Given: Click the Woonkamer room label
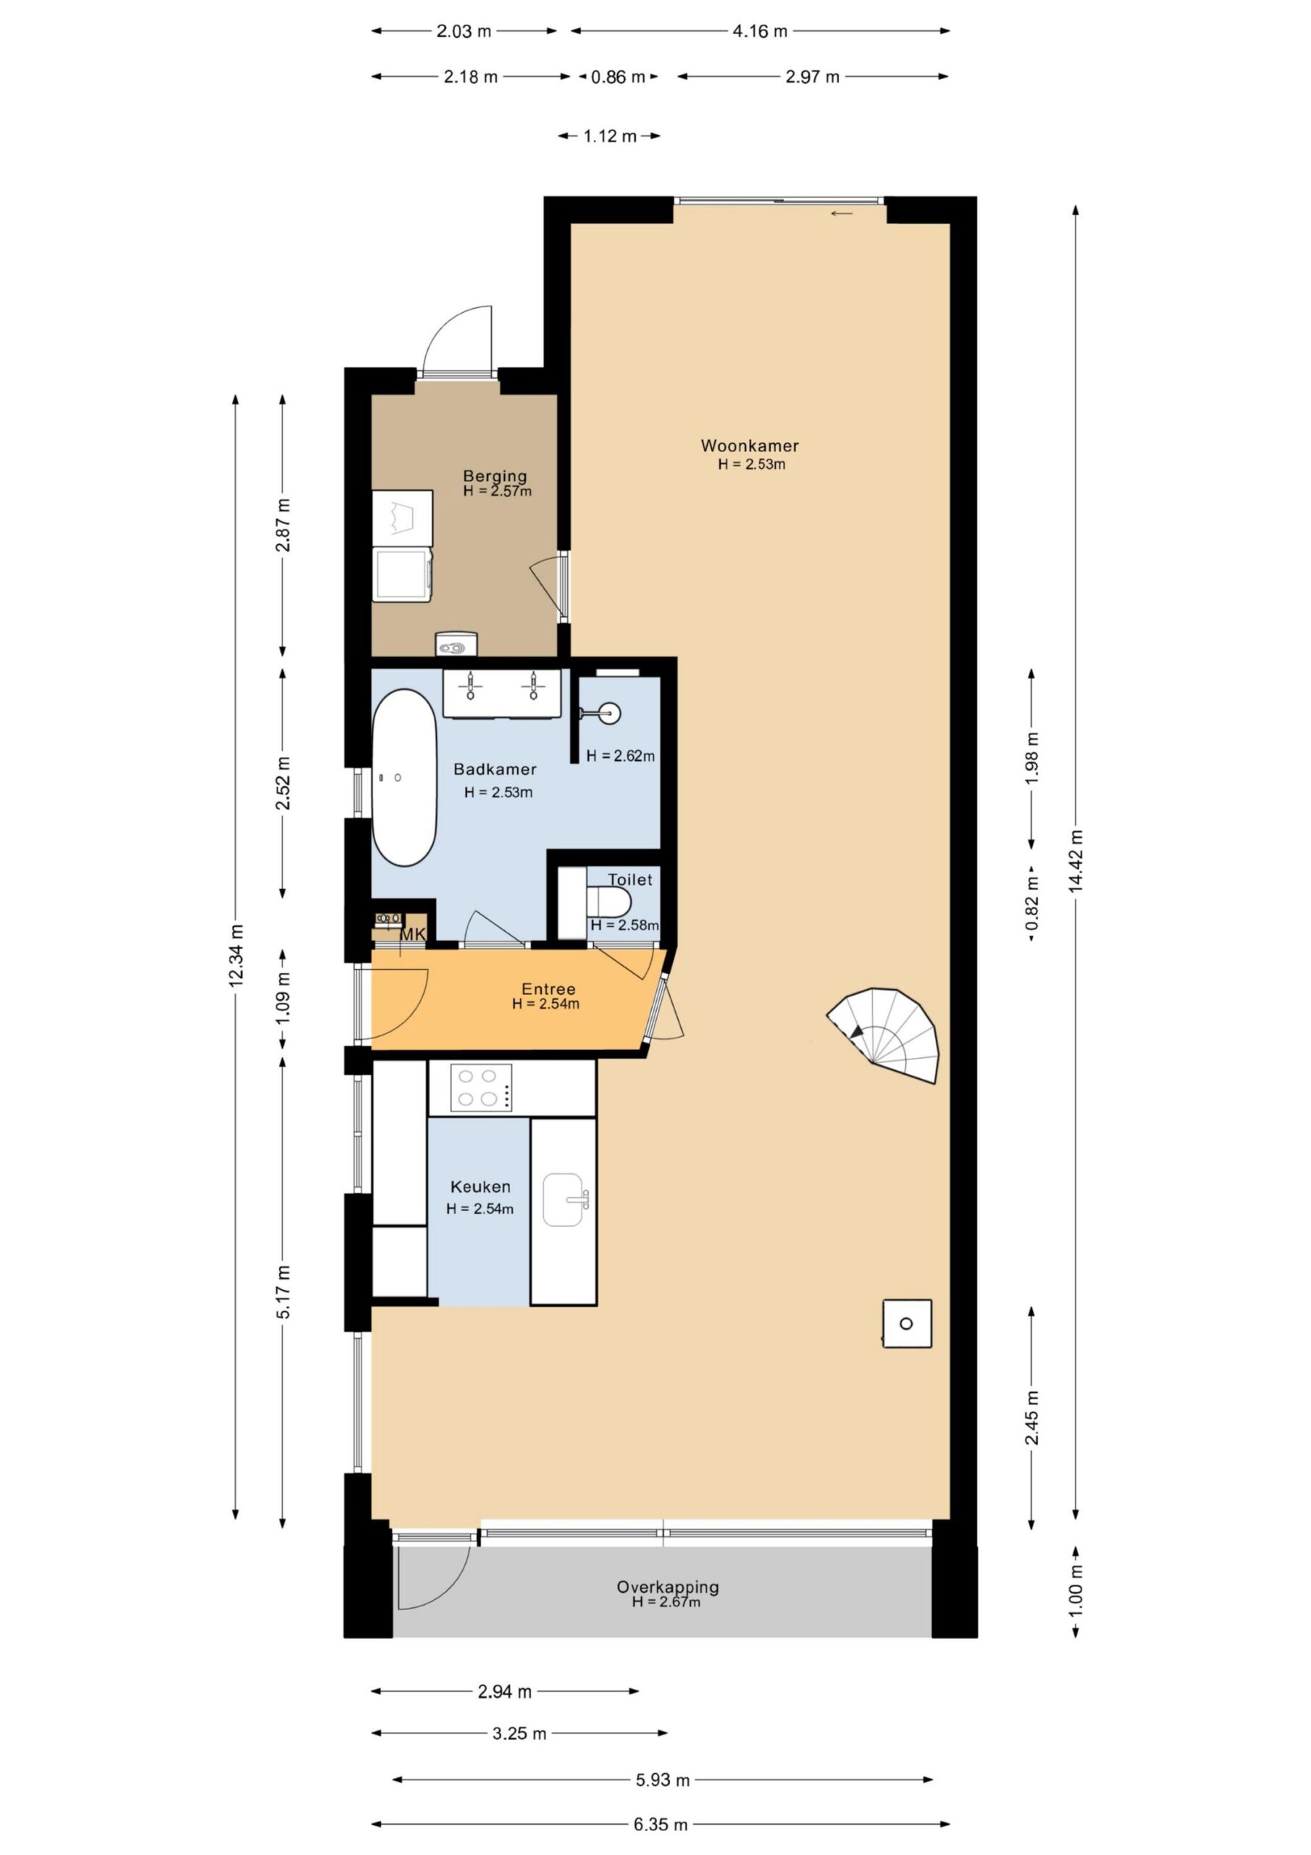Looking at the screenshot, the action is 749,445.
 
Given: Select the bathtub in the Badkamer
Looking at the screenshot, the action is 404,778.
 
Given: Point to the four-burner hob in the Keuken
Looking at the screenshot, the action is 481,1088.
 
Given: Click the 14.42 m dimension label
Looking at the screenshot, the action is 1075,862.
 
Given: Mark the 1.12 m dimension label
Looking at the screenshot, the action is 610,136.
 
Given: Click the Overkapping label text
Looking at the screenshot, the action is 667,1587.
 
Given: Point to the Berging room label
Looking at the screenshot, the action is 495,476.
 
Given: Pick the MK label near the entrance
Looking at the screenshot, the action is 413,935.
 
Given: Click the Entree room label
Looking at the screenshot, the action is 548,989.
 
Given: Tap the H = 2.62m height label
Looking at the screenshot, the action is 620,756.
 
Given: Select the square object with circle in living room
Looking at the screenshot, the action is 906,1323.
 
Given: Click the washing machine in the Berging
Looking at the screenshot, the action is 402,574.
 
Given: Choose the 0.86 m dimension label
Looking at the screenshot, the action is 618,77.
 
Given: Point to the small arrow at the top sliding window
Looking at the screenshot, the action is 842,213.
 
